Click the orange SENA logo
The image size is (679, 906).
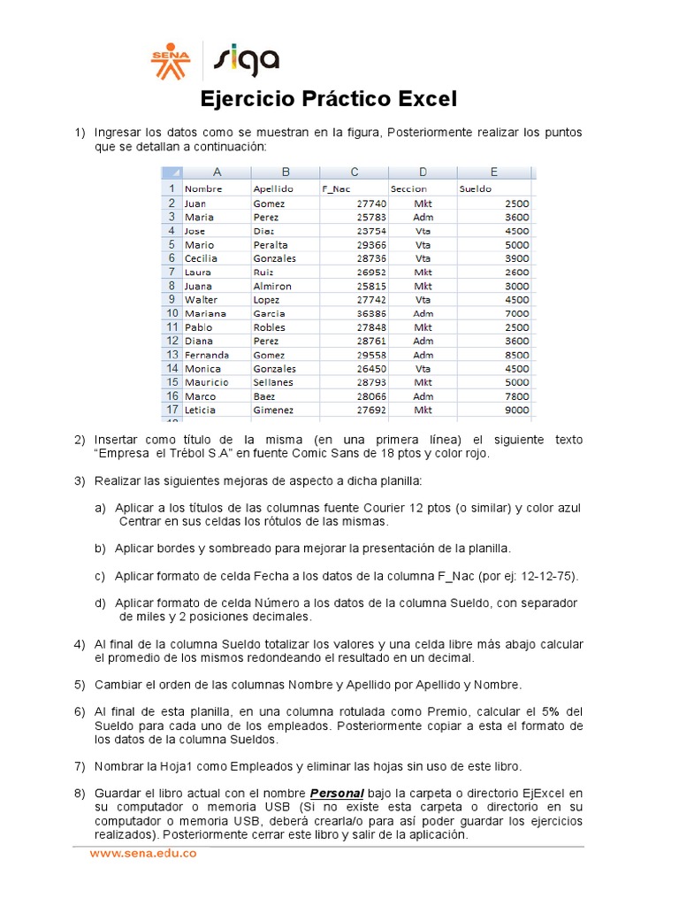(x=171, y=61)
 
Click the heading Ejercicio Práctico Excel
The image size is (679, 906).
(x=329, y=99)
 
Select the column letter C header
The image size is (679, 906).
(x=354, y=173)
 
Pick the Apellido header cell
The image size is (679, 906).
(x=272, y=188)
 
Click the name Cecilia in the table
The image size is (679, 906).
(x=201, y=258)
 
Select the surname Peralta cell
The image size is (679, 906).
(x=270, y=244)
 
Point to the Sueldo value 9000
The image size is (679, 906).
(x=517, y=410)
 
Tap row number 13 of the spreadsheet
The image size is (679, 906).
(x=170, y=355)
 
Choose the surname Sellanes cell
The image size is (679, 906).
(x=272, y=382)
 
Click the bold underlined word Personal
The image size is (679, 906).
(x=337, y=793)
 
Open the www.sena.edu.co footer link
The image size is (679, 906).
(x=141, y=854)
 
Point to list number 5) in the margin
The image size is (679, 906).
(x=80, y=685)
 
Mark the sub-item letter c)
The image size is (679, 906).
(x=100, y=576)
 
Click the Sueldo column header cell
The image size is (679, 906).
(x=476, y=188)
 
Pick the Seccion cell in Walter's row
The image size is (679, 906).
(x=422, y=300)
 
